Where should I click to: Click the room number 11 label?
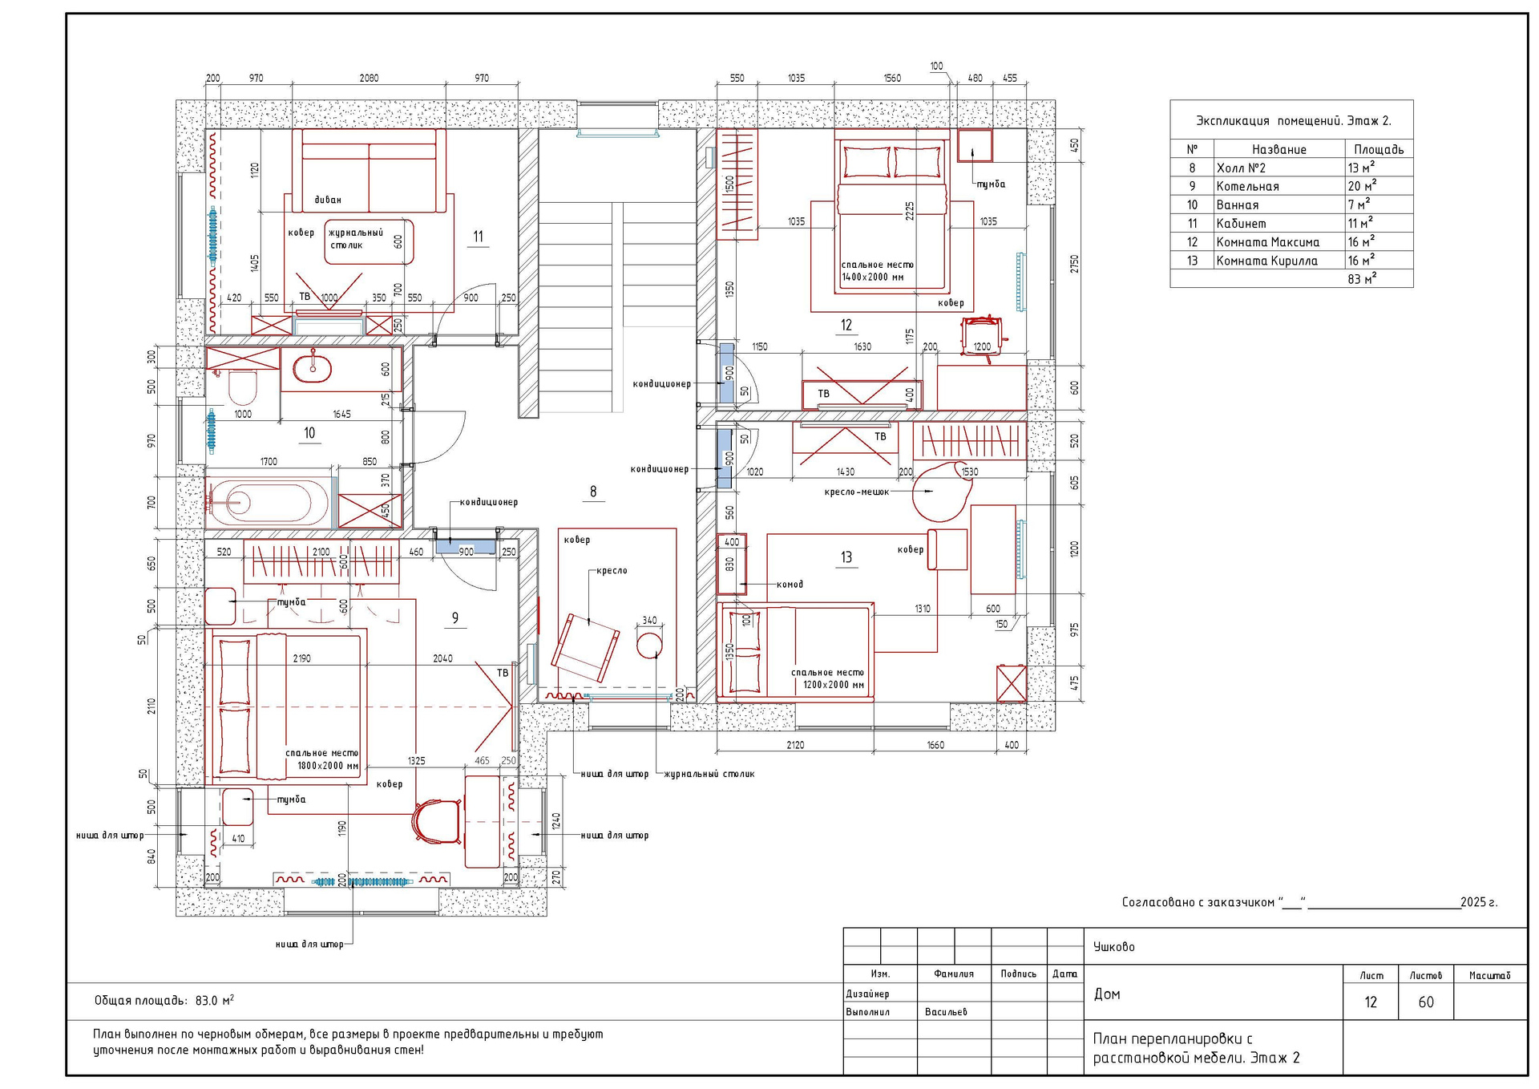pos(478,237)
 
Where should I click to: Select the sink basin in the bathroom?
pos(312,368)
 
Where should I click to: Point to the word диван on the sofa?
pos(328,200)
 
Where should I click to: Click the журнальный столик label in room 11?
pos(355,239)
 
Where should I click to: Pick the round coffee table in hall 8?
pos(649,644)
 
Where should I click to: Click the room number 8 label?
pos(593,492)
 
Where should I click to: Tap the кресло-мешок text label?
pos(857,492)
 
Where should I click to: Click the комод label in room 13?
pos(790,584)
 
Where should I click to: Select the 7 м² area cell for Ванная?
pos(1359,204)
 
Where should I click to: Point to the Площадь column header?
pos(1379,149)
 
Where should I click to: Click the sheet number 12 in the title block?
pos(1371,1002)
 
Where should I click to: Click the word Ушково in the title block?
pos(1114,947)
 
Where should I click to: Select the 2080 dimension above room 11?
pos(369,78)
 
